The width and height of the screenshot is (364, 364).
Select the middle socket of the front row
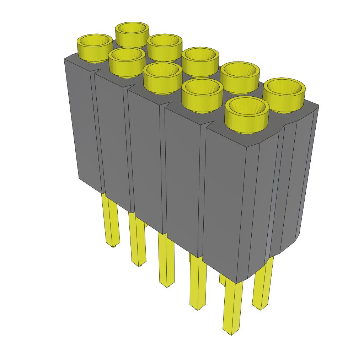[x=162, y=76]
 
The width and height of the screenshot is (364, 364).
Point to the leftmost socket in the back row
[x=132, y=34]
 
